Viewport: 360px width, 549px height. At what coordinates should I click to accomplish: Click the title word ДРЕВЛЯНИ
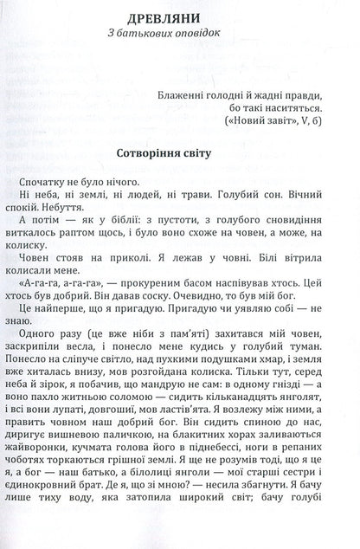pyautogui.click(x=180, y=17)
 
